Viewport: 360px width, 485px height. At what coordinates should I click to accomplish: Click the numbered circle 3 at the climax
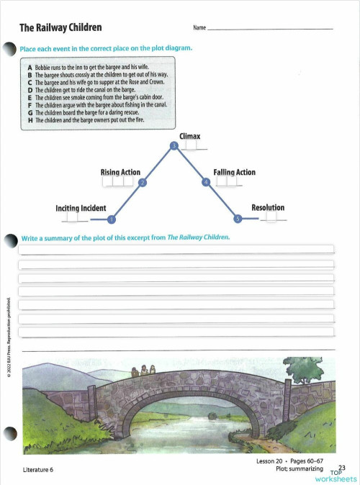174,146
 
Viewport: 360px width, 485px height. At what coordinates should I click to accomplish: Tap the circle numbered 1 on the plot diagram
111,219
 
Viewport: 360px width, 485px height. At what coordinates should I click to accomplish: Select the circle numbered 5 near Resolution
238,218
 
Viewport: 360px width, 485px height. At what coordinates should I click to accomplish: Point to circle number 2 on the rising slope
143,183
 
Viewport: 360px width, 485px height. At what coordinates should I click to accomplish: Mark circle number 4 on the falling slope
206,183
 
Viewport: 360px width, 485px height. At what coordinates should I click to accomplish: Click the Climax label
189,136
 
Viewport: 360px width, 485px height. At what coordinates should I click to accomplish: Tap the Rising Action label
120,172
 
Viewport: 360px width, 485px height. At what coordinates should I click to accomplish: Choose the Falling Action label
234,172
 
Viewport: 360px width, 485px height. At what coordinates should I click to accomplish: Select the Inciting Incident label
81,208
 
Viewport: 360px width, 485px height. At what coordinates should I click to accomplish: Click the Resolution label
267,207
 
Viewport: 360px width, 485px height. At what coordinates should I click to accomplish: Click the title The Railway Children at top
60,28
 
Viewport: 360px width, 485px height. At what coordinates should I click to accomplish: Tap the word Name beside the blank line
199,29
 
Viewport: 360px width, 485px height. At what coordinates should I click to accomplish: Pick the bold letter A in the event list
30,67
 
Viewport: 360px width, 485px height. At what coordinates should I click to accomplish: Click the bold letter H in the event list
30,119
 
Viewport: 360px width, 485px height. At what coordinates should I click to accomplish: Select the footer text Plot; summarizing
300,468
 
